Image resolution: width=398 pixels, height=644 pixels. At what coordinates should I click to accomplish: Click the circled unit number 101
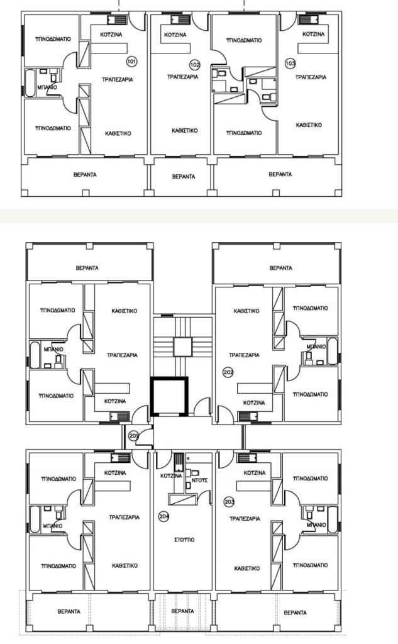click(131, 62)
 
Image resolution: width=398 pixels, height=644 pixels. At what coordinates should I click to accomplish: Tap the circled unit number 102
click(195, 65)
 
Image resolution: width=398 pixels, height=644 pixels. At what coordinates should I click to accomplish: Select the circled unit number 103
click(290, 64)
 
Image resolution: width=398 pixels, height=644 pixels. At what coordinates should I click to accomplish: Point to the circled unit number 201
click(133, 436)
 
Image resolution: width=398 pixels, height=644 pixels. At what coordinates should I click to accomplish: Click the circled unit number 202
click(228, 372)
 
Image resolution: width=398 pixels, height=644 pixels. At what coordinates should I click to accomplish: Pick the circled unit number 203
click(229, 502)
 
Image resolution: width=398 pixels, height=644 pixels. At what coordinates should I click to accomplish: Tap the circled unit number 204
click(164, 516)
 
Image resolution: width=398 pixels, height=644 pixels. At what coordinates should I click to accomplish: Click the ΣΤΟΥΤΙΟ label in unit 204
click(184, 540)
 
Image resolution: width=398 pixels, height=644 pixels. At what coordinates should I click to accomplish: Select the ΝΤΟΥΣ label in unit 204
click(200, 480)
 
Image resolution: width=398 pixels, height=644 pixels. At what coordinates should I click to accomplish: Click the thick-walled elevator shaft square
click(169, 396)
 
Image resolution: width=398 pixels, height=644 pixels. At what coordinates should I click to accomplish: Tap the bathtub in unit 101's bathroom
click(30, 84)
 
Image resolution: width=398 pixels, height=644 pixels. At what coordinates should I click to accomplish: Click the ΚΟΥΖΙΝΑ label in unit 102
click(175, 35)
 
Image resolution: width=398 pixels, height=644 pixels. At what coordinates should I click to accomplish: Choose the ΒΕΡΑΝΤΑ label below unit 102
click(184, 177)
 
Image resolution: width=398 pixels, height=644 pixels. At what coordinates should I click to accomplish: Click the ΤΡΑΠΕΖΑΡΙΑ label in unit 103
click(311, 77)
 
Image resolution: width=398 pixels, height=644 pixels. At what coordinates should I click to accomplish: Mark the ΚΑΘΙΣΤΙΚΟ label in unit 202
click(246, 311)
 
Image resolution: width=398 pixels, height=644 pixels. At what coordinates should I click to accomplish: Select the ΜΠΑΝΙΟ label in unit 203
click(316, 525)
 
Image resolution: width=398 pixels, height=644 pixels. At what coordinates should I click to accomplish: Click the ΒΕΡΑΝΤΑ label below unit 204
click(182, 611)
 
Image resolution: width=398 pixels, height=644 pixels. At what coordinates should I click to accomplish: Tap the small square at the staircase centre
click(182, 347)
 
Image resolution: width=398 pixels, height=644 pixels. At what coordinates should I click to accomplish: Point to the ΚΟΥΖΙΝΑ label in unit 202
click(254, 403)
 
